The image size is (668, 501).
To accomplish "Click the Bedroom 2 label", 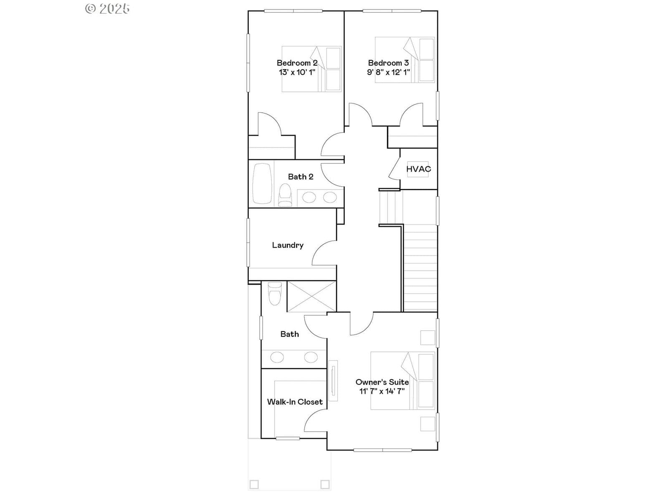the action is (x=297, y=63).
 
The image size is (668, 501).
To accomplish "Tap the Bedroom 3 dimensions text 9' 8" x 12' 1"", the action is (x=388, y=72).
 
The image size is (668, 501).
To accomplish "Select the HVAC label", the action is (x=418, y=169).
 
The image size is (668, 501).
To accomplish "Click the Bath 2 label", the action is (x=300, y=177).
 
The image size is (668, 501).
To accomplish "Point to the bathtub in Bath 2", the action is (x=262, y=183).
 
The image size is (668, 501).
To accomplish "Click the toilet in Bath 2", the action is (x=285, y=195).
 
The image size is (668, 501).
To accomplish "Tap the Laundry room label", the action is (x=288, y=245).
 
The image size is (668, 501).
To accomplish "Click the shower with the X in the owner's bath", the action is (x=311, y=296).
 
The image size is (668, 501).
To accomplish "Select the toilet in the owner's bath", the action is (x=275, y=294).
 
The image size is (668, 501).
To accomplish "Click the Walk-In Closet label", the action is (x=295, y=402).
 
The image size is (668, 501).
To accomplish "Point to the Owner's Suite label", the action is (x=382, y=382).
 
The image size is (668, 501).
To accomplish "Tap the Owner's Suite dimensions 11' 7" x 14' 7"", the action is (x=382, y=391).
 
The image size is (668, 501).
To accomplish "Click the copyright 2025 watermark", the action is (x=107, y=8).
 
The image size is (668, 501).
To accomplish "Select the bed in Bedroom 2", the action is (x=311, y=69).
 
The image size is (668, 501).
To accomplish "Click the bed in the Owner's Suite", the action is (x=402, y=380).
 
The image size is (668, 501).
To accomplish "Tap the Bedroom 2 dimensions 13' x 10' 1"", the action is (x=297, y=72).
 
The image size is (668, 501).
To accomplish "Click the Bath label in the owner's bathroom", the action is (x=289, y=334).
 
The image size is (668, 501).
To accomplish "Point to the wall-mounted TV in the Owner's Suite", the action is (x=333, y=380).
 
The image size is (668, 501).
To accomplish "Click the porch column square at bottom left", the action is (x=254, y=484).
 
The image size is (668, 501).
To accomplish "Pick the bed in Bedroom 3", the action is (x=405, y=60).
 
